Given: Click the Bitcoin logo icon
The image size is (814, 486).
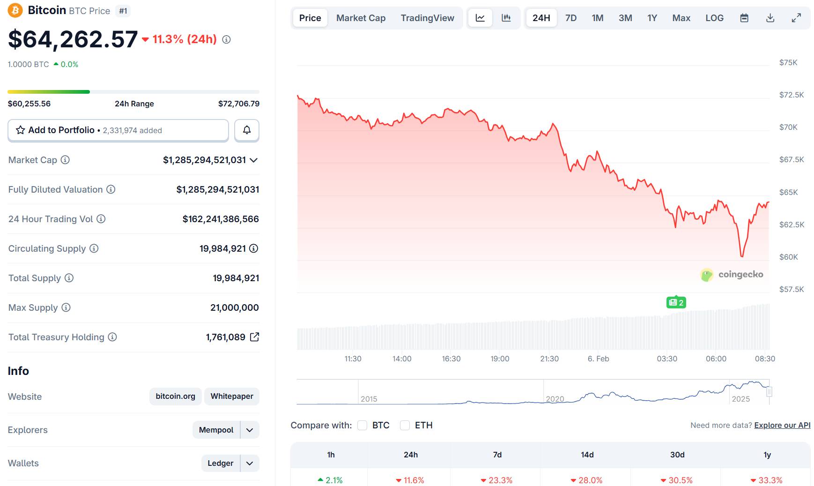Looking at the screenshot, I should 15,10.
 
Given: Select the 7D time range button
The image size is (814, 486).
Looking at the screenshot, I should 570,18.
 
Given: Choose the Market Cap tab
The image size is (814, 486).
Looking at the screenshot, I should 361,18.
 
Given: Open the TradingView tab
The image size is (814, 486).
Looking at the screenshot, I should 427,18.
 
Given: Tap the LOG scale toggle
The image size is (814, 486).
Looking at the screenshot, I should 714,18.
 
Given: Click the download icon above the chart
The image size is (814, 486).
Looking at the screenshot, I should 770,18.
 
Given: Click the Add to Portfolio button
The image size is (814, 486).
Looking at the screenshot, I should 118,130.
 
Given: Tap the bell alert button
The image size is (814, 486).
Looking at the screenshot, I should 247,130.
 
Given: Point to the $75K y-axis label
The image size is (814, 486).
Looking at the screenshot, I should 788,62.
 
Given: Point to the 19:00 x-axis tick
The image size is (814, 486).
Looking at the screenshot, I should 500,359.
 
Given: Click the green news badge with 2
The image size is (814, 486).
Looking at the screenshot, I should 676,302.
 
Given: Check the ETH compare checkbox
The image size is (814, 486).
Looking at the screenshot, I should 405,425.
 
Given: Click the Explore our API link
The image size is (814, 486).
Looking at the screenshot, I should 782,425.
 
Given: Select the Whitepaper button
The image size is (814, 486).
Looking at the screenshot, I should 232,396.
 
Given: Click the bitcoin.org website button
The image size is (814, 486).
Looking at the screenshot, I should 175,396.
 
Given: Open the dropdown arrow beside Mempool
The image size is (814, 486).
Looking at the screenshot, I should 250,430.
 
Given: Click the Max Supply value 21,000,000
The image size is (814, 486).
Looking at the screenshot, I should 234,307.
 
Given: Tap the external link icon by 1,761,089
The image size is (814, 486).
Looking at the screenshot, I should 254,337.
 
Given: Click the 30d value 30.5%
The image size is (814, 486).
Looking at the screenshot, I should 677,480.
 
